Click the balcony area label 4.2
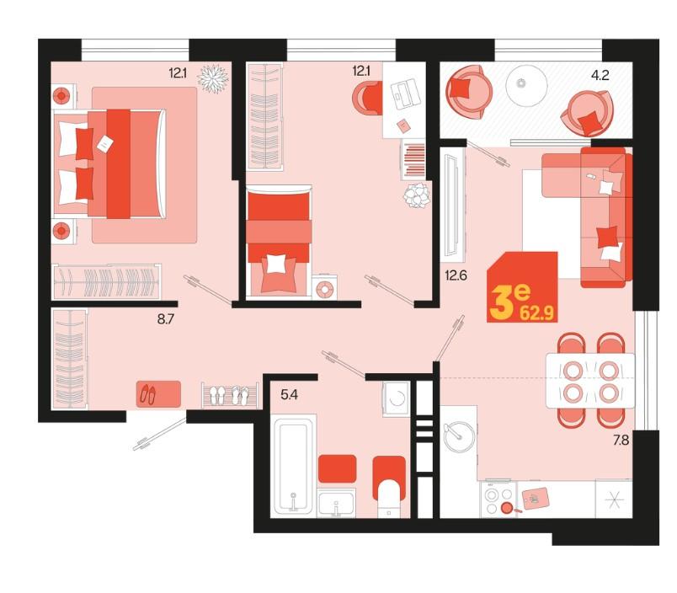(x=600, y=76)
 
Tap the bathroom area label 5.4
(x=290, y=394)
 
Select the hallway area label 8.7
(x=166, y=319)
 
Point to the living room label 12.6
(x=456, y=275)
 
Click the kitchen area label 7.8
(x=621, y=440)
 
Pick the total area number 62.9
(x=536, y=313)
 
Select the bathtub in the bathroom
(x=293, y=466)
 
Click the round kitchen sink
(x=460, y=436)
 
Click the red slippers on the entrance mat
(x=148, y=394)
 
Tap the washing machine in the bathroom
(x=397, y=398)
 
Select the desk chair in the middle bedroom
(x=367, y=99)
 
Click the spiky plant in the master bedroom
(x=213, y=78)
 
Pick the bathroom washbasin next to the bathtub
(x=336, y=504)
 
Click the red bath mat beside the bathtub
(x=337, y=468)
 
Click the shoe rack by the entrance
(x=231, y=395)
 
